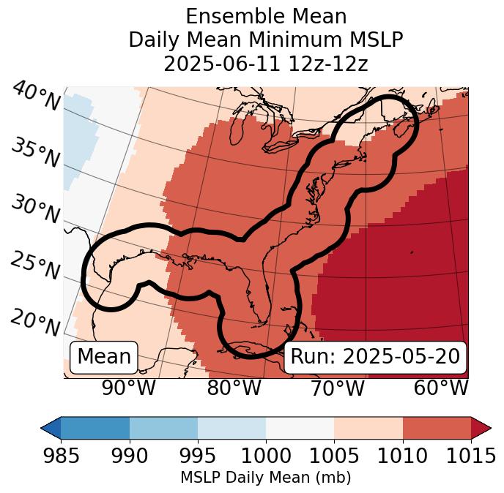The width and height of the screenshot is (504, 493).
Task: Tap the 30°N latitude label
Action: [x=35, y=209]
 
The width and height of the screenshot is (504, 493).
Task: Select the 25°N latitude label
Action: [x=35, y=266]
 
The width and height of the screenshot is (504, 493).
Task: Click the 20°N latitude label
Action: [x=35, y=322]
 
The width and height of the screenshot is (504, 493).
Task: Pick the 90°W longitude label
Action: [x=129, y=388]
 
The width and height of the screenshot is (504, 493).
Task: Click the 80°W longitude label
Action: [x=234, y=388]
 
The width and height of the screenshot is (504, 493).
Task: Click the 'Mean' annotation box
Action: [x=104, y=357]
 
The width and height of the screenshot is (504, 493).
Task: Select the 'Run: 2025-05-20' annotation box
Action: [x=375, y=357]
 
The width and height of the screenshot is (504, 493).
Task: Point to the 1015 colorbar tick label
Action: [x=471, y=456]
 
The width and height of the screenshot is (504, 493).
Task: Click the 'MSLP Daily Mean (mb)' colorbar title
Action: [x=265, y=478]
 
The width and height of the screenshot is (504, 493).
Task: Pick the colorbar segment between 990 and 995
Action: [x=163, y=427]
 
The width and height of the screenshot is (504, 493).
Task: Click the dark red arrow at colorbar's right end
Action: [x=481, y=427]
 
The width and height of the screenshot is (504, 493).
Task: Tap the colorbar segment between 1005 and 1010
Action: [x=368, y=427]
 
